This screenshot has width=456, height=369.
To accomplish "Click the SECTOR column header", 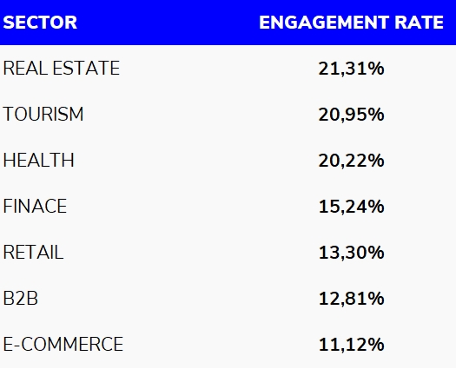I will pyautogui.click(x=40, y=23).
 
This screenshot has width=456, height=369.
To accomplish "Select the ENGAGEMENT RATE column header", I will pyautogui.click(x=351, y=23).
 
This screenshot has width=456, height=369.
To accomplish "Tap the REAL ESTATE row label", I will pyautogui.click(x=62, y=69).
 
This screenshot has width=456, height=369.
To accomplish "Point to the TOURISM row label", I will pyautogui.click(x=43, y=115).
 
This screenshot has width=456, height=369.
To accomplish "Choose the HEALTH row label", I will pyautogui.click(x=39, y=161).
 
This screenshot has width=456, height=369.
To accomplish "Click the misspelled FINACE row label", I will pyautogui.click(x=35, y=207).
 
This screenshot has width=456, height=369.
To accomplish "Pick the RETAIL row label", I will pyautogui.click(x=33, y=253).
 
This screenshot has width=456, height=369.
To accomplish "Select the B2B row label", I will pyautogui.click(x=21, y=299).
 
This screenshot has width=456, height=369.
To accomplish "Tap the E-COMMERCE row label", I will pyautogui.click(x=63, y=345).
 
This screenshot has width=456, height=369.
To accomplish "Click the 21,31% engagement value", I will pyautogui.click(x=351, y=69).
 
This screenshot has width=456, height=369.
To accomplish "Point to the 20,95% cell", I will pyautogui.click(x=351, y=115).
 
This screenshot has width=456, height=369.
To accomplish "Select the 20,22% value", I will pyautogui.click(x=351, y=161).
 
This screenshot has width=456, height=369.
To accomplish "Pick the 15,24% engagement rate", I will pyautogui.click(x=351, y=207).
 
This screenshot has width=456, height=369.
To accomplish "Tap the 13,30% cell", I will pyautogui.click(x=351, y=253).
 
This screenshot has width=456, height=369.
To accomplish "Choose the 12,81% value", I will pyautogui.click(x=351, y=299).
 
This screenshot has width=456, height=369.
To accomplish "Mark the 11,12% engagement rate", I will pyautogui.click(x=351, y=345).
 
